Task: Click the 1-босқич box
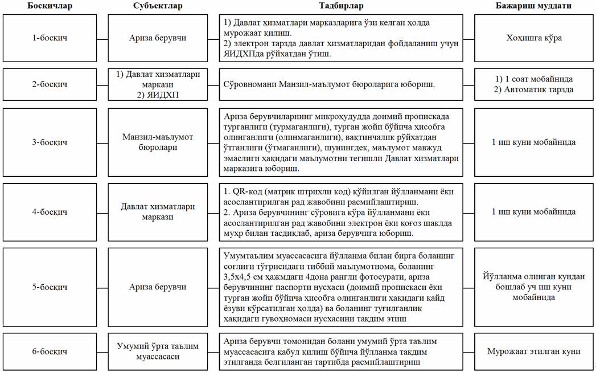click(50, 38)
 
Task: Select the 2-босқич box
click(50, 84)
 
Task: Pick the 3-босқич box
click(50, 142)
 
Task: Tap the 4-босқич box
click(50, 212)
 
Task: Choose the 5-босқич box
click(50, 287)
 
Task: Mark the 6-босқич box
click(50, 351)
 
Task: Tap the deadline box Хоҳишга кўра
click(534, 38)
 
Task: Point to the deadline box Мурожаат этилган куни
click(534, 351)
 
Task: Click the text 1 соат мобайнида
click(534, 79)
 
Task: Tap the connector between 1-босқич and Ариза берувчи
click(102, 38)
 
